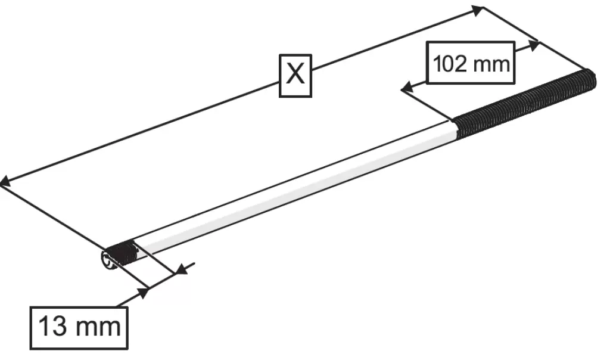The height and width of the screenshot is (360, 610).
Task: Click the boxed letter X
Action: [x=295, y=76]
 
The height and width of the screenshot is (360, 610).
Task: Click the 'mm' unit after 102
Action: [x=490, y=64]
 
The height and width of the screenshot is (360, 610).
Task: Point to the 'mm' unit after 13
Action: [x=98, y=327]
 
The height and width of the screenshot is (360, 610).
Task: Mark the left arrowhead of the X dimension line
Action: [x=5, y=181]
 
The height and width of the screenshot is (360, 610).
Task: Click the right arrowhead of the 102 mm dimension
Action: [x=533, y=46]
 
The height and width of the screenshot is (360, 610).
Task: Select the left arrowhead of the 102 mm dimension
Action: [x=406, y=88]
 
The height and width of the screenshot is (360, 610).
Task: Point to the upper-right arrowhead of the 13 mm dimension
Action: [x=181, y=269]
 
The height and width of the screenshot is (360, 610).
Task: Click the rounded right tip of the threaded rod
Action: [x=592, y=79]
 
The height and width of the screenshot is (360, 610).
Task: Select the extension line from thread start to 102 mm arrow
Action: [x=427, y=104]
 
